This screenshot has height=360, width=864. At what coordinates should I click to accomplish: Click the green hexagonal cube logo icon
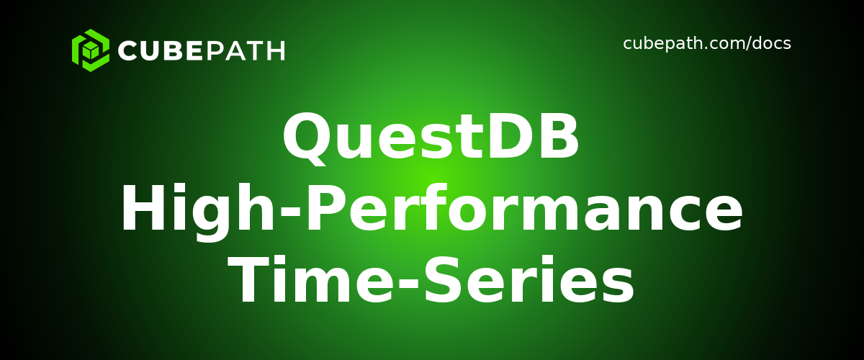click(91, 50)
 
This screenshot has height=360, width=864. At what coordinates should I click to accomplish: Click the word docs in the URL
click(771, 44)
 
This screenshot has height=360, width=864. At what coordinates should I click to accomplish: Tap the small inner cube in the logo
click(91, 51)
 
